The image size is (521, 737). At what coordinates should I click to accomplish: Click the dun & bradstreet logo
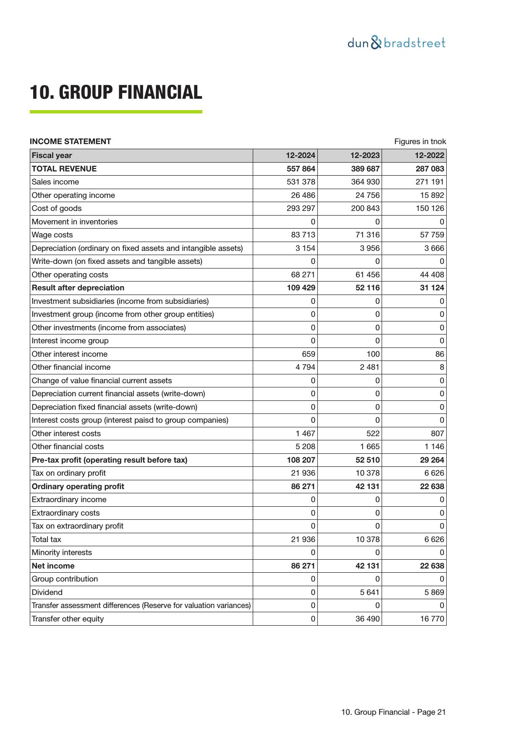point(396,43)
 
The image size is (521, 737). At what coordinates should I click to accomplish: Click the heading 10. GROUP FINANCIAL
point(116,92)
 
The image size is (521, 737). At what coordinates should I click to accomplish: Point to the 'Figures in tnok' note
point(420,142)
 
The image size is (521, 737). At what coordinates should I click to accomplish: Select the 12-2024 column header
point(300,155)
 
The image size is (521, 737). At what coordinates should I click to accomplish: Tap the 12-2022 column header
point(429,155)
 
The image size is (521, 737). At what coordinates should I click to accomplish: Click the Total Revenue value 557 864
point(300,169)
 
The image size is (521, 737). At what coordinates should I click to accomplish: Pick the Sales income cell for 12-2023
point(365,182)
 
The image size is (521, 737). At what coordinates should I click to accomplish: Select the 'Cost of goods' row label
point(57,208)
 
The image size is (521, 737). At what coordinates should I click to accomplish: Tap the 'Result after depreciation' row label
point(78,288)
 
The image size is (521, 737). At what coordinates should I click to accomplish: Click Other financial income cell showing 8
point(442,367)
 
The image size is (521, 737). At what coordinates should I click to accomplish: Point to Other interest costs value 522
point(372,434)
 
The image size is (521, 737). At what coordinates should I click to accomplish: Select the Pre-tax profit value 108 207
point(300,460)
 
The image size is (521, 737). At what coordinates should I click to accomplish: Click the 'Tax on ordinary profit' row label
point(69,473)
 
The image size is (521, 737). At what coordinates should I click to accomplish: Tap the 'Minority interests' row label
point(62,553)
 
